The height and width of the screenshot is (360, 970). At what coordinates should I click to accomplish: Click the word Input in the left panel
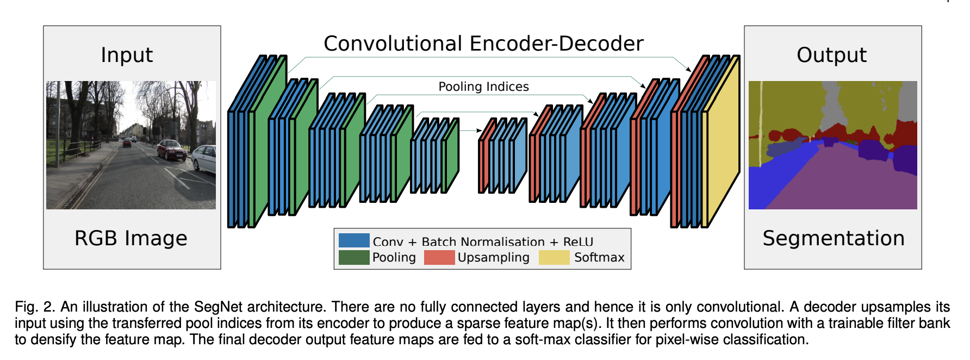click(x=127, y=55)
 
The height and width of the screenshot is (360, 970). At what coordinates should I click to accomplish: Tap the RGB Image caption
click(x=131, y=238)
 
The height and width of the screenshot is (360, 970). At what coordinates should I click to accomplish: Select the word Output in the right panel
click(x=831, y=55)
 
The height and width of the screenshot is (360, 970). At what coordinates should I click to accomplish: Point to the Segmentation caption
click(x=834, y=238)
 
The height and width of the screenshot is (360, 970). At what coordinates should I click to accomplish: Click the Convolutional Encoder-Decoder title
click(x=483, y=44)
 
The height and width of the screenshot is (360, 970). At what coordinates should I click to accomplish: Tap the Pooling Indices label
click(x=483, y=86)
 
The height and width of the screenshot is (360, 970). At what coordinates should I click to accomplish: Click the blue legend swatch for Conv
click(x=354, y=240)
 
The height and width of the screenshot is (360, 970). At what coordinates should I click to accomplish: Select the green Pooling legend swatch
click(x=354, y=257)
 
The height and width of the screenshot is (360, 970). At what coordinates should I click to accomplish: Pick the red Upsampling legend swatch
click(x=439, y=257)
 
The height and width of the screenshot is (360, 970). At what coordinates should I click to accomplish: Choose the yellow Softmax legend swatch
click(x=554, y=257)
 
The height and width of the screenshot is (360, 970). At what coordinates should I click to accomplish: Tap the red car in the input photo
click(x=171, y=150)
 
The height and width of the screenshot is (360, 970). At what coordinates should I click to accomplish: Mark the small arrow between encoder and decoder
click(x=471, y=131)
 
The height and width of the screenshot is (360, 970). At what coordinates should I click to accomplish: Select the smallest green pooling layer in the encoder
click(x=451, y=155)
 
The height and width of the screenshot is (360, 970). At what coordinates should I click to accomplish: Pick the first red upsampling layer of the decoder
click(x=487, y=155)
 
